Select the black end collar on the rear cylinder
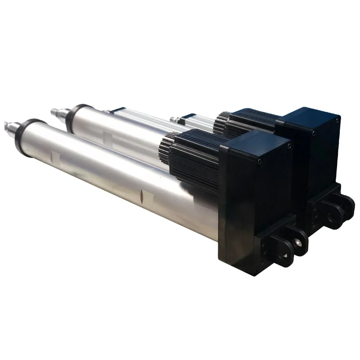click(x=75, y=115)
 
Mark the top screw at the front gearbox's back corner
click(x=288, y=146)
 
